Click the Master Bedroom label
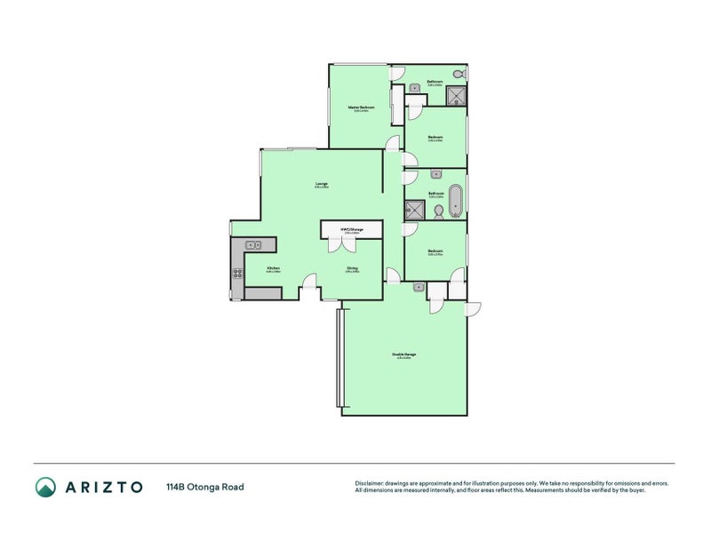(361, 108)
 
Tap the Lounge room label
(321, 185)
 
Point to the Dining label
(352, 268)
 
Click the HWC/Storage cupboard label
(352, 230)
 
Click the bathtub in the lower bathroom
(455, 201)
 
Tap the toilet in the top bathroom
(459, 74)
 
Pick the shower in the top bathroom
(456, 95)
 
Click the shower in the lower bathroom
(414, 210)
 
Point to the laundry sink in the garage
(418, 287)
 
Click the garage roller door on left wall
(339, 357)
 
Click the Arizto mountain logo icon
(45, 487)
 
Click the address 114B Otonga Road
(204, 487)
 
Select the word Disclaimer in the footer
(370, 483)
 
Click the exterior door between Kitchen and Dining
(308, 285)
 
